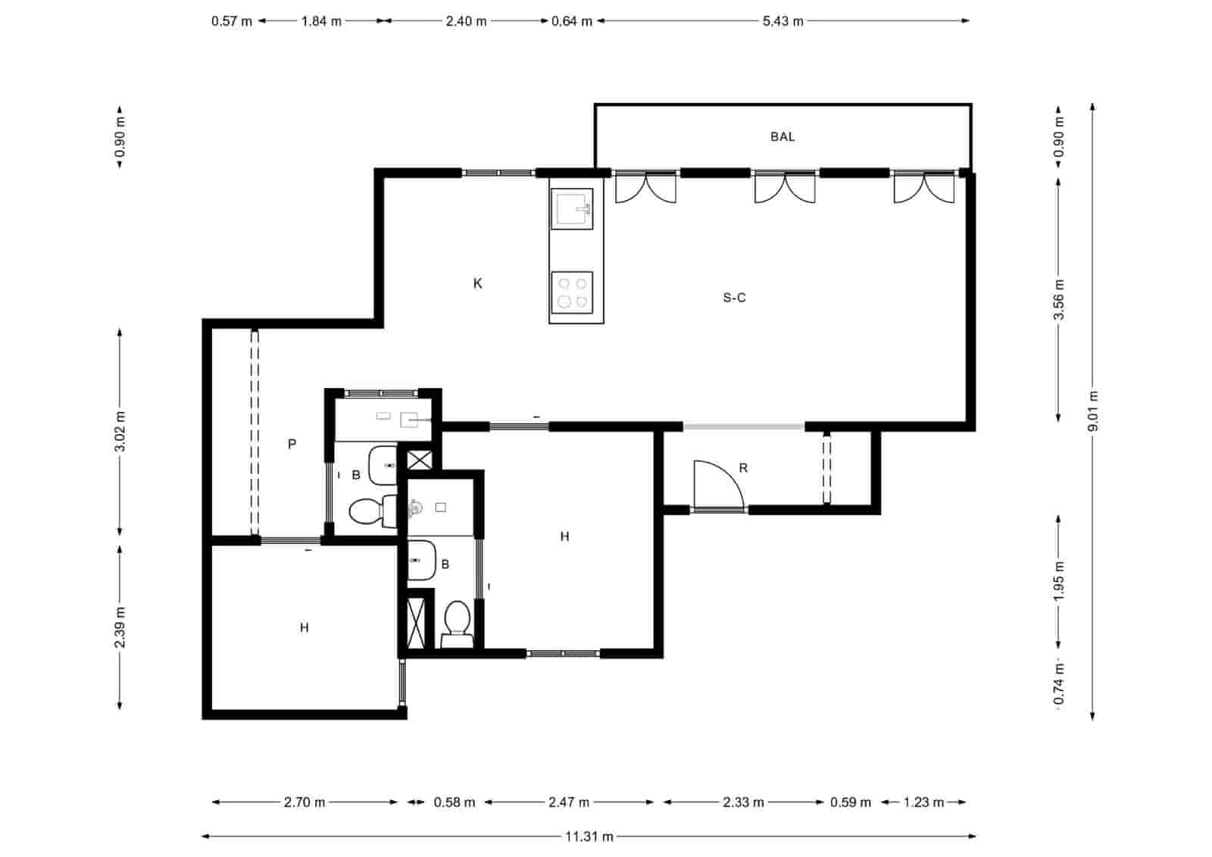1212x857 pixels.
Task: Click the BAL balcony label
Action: [782, 137]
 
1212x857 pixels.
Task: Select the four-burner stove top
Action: [572, 292]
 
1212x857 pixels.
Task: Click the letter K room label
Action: [477, 283]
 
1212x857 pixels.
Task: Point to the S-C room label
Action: [734, 298]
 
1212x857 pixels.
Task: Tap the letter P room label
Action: [292, 444]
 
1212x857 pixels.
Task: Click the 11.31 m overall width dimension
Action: [589, 837]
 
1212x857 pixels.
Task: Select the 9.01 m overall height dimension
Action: [1092, 411]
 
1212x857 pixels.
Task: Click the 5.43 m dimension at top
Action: [782, 21]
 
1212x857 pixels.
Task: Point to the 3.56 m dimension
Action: [1059, 300]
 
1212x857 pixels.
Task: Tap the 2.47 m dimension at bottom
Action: [569, 802]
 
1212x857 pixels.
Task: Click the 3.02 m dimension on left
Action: [120, 431]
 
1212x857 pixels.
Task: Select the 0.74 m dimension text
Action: [1059, 683]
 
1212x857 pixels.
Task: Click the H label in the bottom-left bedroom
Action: [304, 627]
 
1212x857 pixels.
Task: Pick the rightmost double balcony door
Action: [923, 187]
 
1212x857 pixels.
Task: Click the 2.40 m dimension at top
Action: [466, 21]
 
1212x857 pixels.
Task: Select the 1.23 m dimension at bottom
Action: [923, 802]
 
